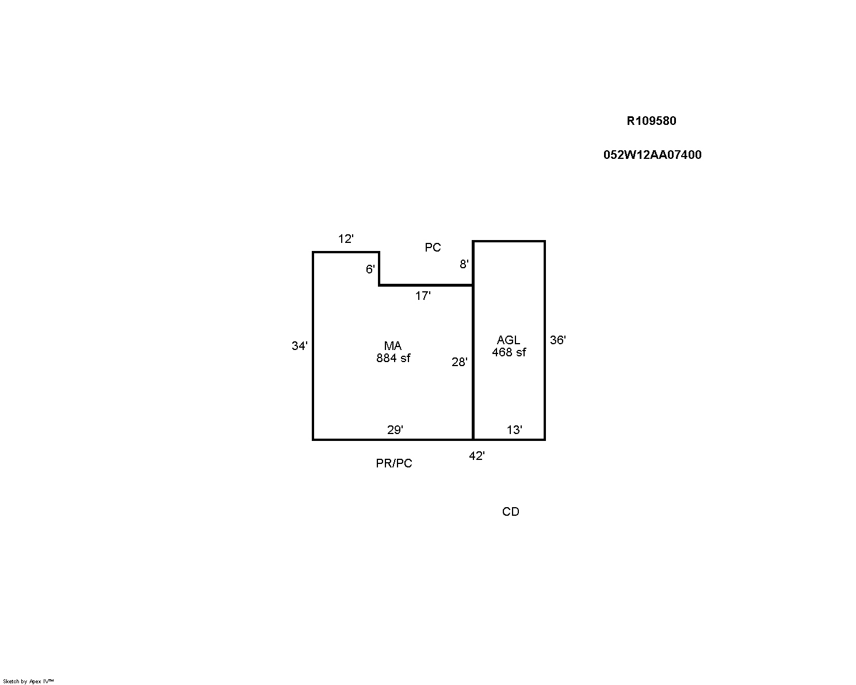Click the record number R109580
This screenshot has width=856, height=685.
pos(651,121)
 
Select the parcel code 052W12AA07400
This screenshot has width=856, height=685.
pos(652,154)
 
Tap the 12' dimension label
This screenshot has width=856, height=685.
pos(346,239)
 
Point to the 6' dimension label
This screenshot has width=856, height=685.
pos(370,269)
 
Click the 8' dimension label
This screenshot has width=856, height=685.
pos(464,264)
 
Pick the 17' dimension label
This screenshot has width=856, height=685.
pos(423,296)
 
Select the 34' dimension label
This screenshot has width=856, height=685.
pos(300,346)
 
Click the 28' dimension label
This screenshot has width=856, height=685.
pos(460,362)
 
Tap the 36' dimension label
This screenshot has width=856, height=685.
pos(557,340)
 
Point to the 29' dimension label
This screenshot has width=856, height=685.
pos(395,430)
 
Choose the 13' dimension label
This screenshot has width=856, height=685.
pos(514,430)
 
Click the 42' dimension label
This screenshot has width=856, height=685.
pos(477,456)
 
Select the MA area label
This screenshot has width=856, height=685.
pos(392,346)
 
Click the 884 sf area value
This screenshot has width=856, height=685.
pos(393,358)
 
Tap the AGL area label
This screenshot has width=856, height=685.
pos(509,340)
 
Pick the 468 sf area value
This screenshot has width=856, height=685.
pos(509,352)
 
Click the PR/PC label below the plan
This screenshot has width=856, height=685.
pos(394,463)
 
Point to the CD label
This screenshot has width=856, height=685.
pos(511,512)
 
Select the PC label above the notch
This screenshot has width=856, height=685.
pos(433,248)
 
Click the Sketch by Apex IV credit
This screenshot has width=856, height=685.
pos(28,681)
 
